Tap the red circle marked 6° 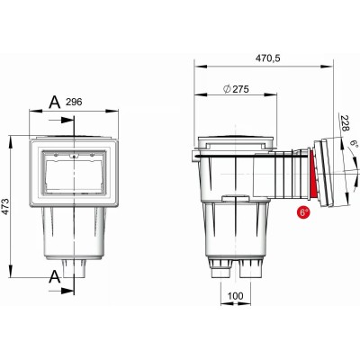coord(303,212)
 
